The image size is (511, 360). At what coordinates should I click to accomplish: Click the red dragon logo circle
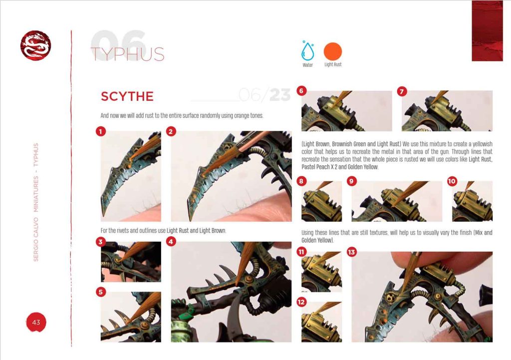35,45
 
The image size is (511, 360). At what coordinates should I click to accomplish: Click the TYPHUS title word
128,54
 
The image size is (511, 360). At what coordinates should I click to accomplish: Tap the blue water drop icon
307,51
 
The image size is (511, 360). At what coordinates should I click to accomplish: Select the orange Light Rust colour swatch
333,51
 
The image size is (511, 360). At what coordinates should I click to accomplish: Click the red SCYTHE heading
127,96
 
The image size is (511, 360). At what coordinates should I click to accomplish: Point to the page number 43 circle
36,322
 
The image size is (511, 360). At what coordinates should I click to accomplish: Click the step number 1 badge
101,131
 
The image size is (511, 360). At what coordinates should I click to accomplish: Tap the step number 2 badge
172,131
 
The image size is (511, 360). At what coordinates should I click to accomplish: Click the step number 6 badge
301,91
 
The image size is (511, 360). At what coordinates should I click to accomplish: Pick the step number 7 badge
402,91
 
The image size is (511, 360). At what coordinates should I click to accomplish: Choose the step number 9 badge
352,181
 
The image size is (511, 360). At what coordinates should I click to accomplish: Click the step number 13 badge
352,252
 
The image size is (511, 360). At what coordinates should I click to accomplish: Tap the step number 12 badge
301,302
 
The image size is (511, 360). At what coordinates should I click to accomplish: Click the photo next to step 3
131,262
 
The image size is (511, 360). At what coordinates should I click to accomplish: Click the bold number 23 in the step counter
280,95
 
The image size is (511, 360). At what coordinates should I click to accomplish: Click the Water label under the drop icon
307,65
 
